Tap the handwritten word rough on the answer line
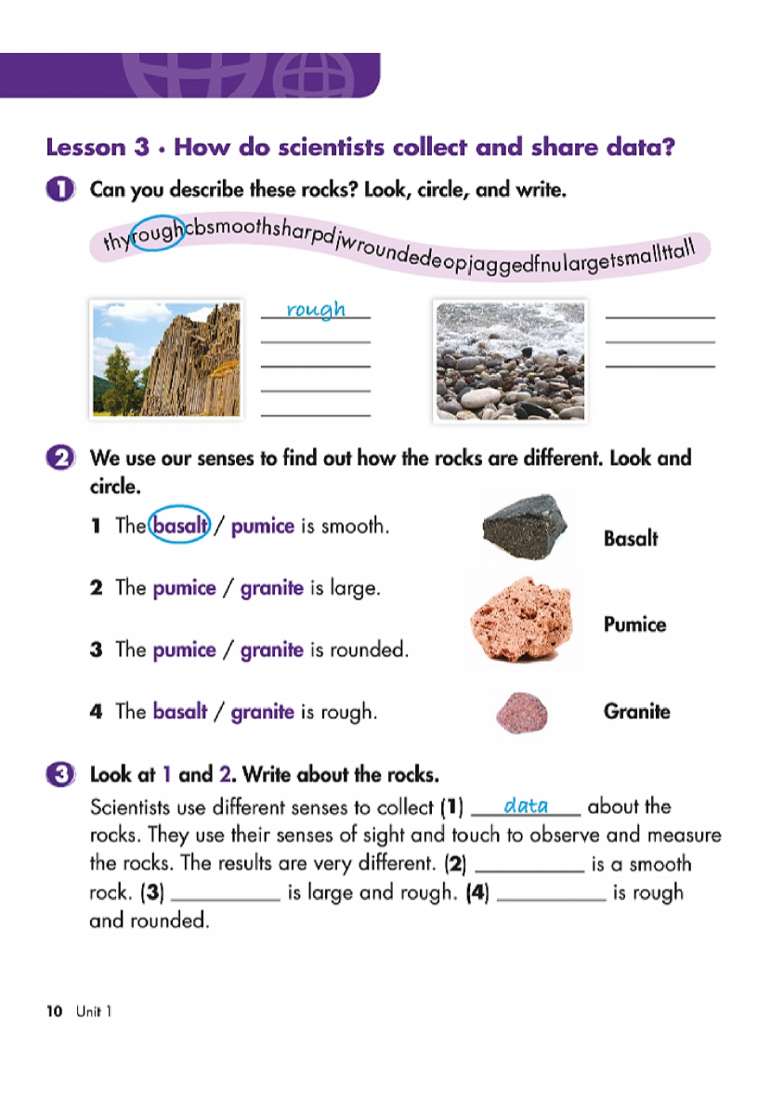pos(316,309)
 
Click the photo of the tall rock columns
pos(165,359)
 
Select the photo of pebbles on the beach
pos(510,360)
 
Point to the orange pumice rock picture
pos(519,618)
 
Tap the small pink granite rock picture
pos(522,712)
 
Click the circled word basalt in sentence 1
pos(180,526)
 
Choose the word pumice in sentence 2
pos(184,588)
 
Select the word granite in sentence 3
pos(271,651)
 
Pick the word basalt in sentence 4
pos(180,713)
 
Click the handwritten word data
pos(526,806)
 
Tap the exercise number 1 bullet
pos(59,191)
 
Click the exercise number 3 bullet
pos(59,775)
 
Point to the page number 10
pos(54,1012)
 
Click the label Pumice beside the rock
pos(634,625)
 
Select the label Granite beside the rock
pos(636,712)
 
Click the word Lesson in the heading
pos(85,148)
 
